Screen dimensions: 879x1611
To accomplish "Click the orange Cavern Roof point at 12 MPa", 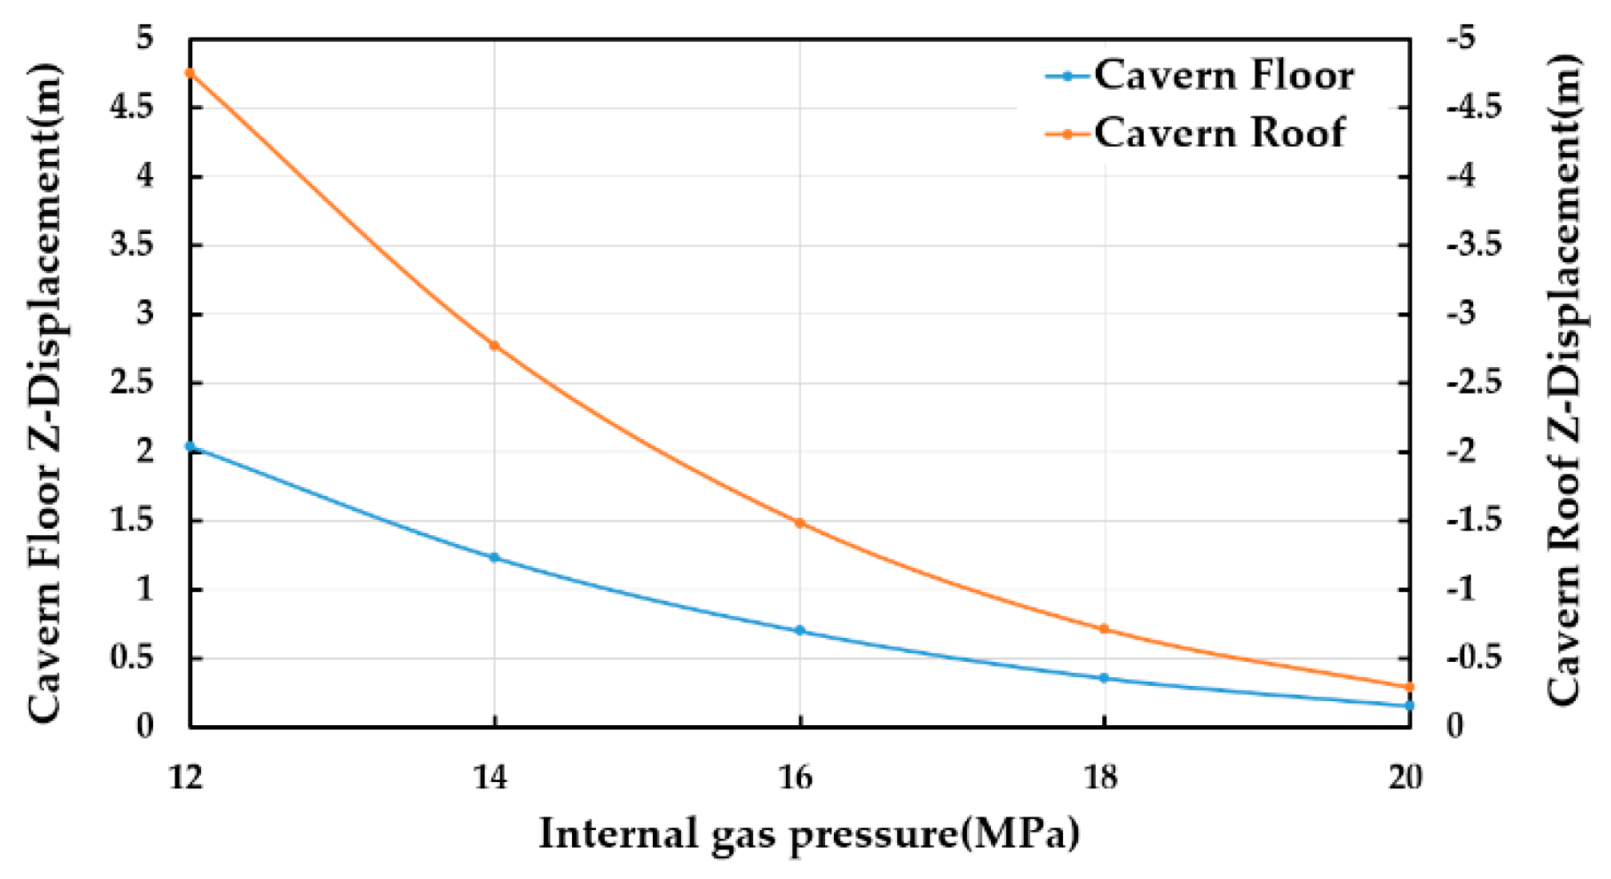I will click(190, 73).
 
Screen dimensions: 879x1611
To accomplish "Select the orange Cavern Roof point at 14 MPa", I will click(494, 345).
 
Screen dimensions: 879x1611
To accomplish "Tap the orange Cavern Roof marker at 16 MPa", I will click(799, 522).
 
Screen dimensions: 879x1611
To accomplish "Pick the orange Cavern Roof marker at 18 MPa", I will click(1104, 629).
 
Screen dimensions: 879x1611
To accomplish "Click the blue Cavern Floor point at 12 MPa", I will click(190, 446).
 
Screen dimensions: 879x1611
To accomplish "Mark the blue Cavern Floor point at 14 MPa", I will click(494, 557).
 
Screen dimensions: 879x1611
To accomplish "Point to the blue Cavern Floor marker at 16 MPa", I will click(799, 631).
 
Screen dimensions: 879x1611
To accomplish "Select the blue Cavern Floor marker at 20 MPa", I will click(1409, 705).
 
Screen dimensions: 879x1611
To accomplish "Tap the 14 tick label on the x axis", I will click(489, 776).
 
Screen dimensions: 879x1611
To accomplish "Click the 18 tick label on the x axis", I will click(1101, 776).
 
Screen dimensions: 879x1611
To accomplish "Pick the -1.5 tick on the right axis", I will click(1474, 520).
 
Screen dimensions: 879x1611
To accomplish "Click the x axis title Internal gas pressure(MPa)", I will click(808, 833).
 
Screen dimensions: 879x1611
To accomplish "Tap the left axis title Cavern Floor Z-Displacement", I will click(46, 393).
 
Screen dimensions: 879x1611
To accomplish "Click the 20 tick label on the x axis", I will click(1404, 776).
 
